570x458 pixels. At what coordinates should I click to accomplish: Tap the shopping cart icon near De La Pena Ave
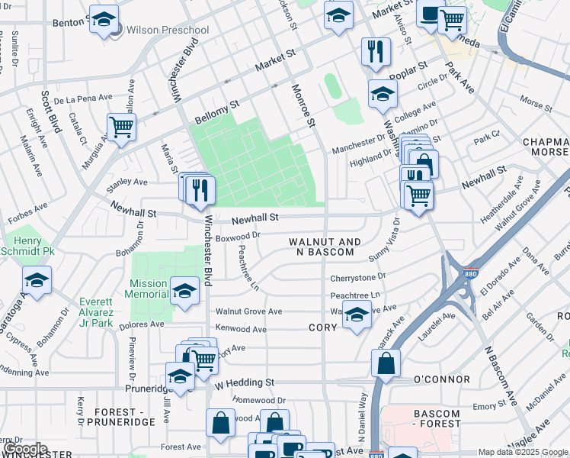pyautogui.click(x=121, y=127)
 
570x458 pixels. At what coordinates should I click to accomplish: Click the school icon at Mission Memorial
pyautogui.click(x=184, y=291)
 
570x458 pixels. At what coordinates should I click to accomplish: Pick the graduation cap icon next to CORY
pyautogui.click(x=356, y=314)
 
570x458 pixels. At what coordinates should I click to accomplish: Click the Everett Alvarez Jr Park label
pyautogui.click(x=96, y=312)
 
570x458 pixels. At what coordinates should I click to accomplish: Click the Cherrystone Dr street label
pyautogui.click(x=358, y=276)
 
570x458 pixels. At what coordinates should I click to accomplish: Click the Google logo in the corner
pyautogui.click(x=24, y=450)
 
